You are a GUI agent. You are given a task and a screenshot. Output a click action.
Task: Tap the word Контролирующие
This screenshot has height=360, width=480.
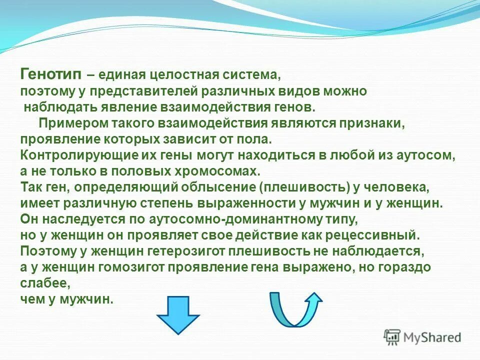(64, 155)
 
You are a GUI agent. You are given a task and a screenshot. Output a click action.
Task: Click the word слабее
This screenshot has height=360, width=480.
(44, 283)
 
